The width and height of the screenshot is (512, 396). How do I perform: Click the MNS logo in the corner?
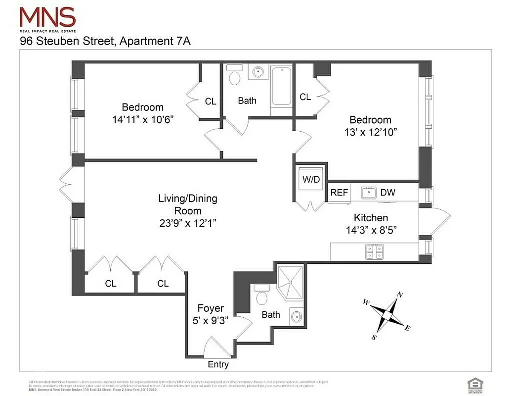pos(47,19)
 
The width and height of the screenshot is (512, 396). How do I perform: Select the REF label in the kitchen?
pos(339,193)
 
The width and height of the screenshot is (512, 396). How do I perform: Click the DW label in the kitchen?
pos(388,193)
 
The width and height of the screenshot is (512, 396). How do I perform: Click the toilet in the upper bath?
pos(235,76)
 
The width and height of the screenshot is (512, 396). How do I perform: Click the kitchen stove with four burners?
pos(373,252)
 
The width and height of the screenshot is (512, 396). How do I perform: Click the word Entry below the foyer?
pos(218,364)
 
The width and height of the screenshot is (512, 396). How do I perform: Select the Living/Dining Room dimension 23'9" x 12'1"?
pos(187,223)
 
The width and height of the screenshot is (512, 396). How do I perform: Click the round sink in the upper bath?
pos(258,72)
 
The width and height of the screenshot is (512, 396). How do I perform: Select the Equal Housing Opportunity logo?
pos(474,383)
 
